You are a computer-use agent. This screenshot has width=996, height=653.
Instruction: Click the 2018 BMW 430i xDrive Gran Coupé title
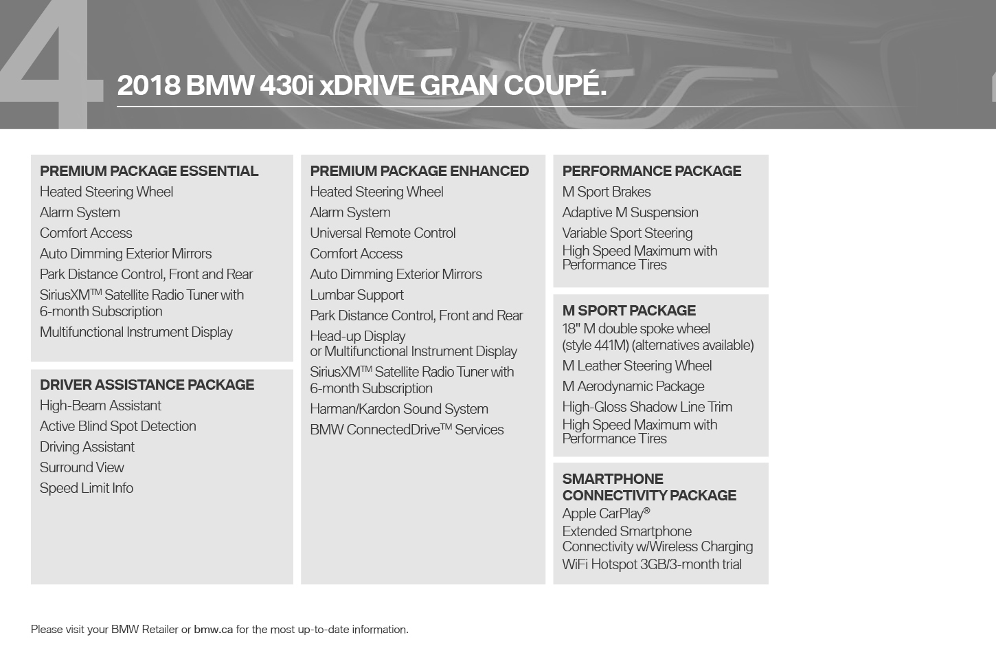click(x=361, y=85)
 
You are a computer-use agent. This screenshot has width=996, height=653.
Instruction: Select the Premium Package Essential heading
click(x=149, y=171)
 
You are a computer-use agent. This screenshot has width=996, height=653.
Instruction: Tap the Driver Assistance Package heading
click(x=147, y=385)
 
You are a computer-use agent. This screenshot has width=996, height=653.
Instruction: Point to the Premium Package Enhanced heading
click(x=419, y=171)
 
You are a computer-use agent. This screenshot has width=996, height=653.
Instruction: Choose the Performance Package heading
click(x=651, y=171)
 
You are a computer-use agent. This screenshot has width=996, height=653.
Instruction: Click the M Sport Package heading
click(x=629, y=311)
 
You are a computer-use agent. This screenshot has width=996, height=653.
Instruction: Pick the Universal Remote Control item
click(x=383, y=233)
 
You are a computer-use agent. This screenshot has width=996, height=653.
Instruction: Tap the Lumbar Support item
click(x=356, y=295)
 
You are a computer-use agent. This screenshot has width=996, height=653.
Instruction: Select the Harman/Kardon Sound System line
click(x=399, y=409)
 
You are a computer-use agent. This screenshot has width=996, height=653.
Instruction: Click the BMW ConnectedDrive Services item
click(x=407, y=430)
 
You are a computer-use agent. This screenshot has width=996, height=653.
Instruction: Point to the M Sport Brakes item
click(x=607, y=192)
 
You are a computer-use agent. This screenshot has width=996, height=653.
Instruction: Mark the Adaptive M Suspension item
click(x=630, y=212)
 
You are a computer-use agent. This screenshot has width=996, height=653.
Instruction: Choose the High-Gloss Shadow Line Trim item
click(x=647, y=407)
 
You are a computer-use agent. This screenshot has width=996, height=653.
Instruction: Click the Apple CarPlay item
click(x=606, y=513)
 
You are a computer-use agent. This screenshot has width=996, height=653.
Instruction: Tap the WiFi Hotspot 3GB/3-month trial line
click(x=652, y=564)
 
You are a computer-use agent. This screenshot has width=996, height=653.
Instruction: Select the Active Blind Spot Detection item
click(x=118, y=426)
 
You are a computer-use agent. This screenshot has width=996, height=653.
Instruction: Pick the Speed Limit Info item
click(x=87, y=488)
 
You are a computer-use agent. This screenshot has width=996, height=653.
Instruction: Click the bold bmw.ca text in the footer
click(x=214, y=630)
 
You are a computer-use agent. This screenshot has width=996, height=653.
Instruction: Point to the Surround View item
click(x=82, y=467)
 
